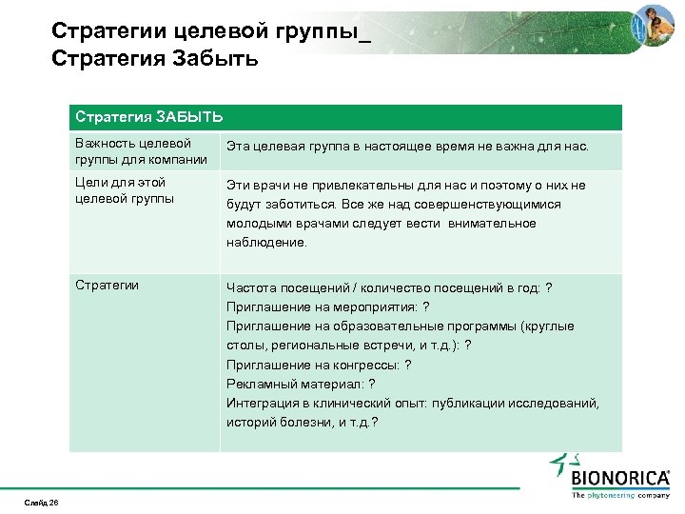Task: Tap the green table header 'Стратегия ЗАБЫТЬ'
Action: click(x=149, y=117)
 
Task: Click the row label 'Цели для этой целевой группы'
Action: click(x=124, y=189)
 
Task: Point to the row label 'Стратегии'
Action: click(x=108, y=285)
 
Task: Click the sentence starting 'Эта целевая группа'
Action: click(x=407, y=148)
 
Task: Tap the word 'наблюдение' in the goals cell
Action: click(x=266, y=243)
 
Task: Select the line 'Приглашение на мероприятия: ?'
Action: click(x=326, y=306)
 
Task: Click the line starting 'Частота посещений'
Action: click(x=388, y=287)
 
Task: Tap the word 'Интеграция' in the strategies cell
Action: click(x=259, y=403)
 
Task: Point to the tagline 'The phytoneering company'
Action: click(x=619, y=495)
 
